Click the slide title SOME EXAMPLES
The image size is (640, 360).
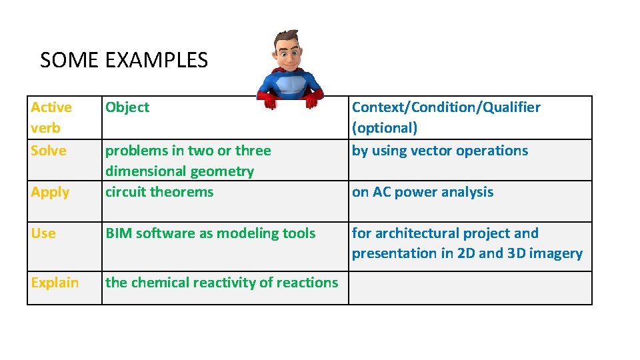(124, 61)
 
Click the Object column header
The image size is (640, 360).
(127, 107)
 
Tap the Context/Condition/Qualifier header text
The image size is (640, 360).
(446, 107)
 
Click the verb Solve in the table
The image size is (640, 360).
(49, 151)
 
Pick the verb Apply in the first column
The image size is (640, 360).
(50, 192)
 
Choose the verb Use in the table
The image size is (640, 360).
(43, 233)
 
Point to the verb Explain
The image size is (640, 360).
(55, 283)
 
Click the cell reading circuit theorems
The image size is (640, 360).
(159, 192)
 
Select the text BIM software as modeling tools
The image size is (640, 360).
(211, 233)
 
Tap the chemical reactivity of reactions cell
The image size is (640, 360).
(221, 283)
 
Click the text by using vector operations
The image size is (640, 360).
(440, 151)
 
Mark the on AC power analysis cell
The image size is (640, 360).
(423, 192)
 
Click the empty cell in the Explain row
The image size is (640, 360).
(469, 288)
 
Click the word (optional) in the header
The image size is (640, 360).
(385, 128)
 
